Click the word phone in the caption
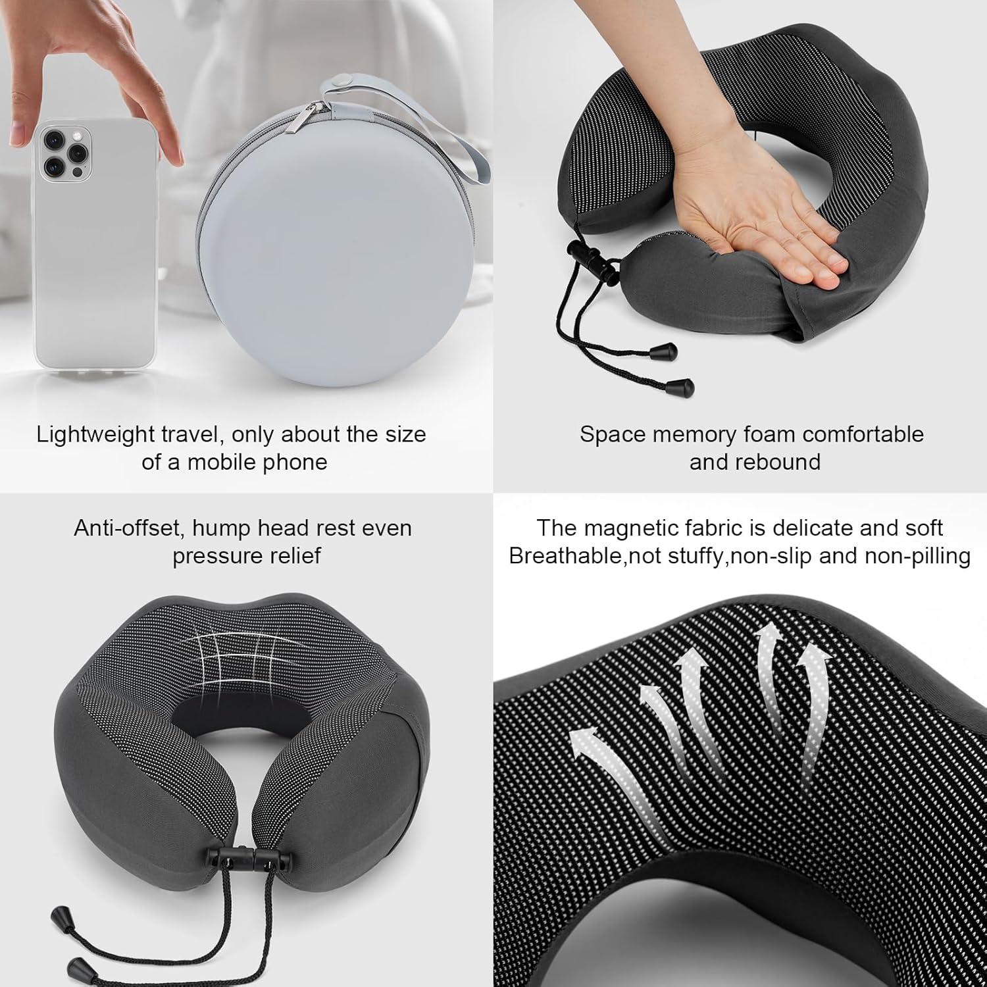(x=295, y=462)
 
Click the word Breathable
(x=565, y=556)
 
